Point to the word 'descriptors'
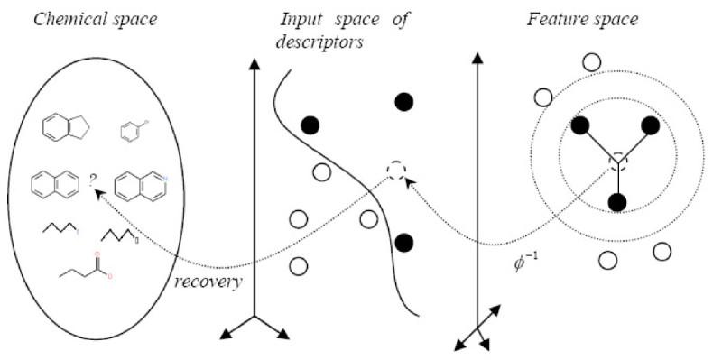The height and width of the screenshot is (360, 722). point(323,40)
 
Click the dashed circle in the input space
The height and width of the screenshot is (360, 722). point(394,170)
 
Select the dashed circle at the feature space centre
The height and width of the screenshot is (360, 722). point(618,162)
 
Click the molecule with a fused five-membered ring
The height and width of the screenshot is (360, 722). point(63,128)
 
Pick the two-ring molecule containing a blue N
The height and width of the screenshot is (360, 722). point(140,185)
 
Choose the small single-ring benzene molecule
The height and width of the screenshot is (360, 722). point(133,132)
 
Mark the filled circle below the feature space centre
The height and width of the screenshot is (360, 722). point(617,201)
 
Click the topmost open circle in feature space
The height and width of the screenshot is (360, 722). point(591,62)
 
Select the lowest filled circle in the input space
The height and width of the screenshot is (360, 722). point(403,242)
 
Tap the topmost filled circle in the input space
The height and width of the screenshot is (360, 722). point(403,101)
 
